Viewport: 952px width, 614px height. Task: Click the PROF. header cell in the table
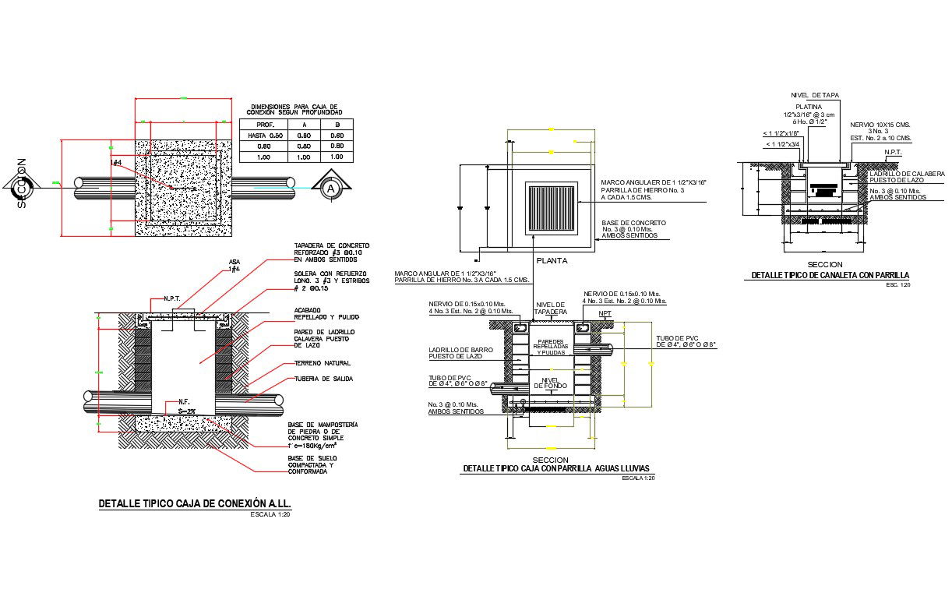click(265, 125)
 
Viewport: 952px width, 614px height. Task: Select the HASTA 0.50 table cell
click(265, 136)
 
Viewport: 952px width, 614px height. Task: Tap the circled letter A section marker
click(332, 188)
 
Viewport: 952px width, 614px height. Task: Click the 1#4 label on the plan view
click(117, 162)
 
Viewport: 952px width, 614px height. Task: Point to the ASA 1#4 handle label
click(234, 265)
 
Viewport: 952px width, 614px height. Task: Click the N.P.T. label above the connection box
click(172, 298)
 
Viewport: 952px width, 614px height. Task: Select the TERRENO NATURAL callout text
click(322, 363)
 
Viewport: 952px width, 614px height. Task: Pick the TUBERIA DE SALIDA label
click(323, 379)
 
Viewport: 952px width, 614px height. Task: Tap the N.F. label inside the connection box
click(184, 401)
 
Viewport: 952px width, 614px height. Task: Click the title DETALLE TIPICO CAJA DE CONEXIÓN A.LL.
click(195, 504)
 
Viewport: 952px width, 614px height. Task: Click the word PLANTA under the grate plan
click(551, 260)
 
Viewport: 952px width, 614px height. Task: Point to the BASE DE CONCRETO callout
click(629, 229)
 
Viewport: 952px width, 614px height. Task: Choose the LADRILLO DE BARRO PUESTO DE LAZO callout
click(460, 353)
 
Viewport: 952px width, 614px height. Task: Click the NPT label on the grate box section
click(605, 314)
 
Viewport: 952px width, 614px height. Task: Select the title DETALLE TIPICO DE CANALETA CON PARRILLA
click(830, 276)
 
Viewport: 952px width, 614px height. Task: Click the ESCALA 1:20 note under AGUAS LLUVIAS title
click(638, 478)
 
